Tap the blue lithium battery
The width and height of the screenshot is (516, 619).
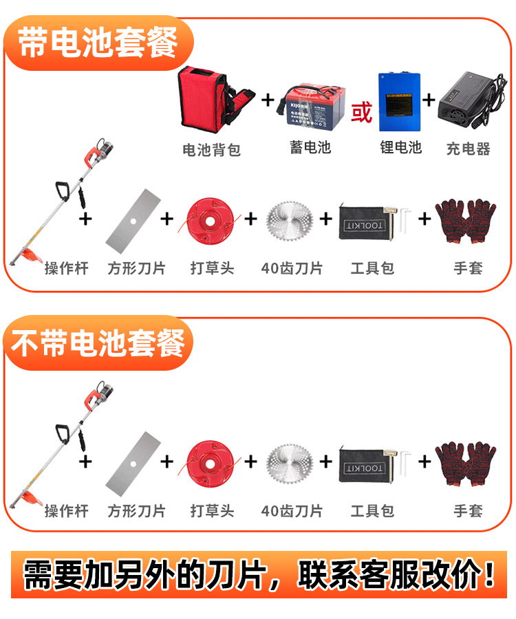pos(399,102)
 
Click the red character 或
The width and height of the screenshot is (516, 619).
pos(362,112)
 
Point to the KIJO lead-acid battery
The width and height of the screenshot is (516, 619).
pos(314,106)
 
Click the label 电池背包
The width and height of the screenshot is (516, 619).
pos(212,150)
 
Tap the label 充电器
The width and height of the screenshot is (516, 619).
pos(469,149)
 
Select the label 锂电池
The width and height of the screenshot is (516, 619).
pos(401,147)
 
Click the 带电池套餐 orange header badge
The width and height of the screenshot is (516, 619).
pos(98,43)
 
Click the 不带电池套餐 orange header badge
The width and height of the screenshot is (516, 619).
pos(98,343)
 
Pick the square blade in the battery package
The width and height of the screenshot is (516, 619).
pos(133,221)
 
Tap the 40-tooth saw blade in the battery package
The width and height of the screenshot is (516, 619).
pos(290,221)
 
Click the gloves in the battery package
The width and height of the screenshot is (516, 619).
pos(466,221)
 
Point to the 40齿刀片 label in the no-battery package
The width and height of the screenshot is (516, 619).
pos(292,511)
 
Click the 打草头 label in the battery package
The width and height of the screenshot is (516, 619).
pos(213,268)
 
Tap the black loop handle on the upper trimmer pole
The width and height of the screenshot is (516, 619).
pos(63,191)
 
